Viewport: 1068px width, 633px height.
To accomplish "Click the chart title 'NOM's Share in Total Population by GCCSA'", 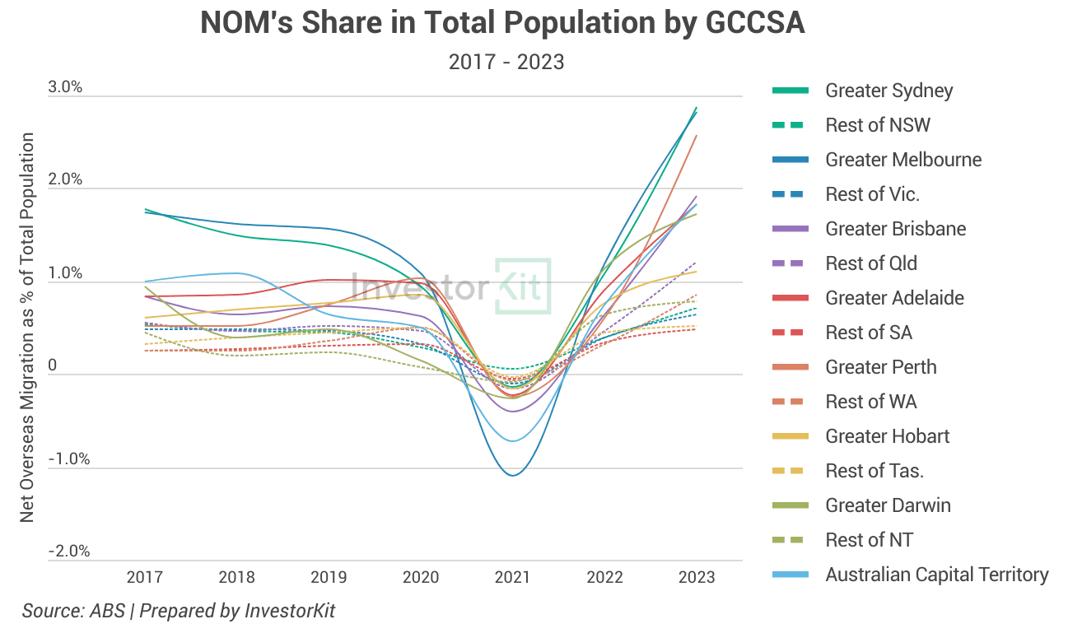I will [502, 24].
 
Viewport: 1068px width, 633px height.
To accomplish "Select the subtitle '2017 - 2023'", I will [506, 62].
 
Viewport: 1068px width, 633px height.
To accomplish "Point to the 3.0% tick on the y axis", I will [66, 88].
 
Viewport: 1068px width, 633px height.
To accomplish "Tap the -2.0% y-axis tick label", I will [68, 552].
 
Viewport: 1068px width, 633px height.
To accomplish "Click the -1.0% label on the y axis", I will [68, 459].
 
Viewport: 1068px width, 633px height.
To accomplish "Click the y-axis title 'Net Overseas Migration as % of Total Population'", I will [28, 327].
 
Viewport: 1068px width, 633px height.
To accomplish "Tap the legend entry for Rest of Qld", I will [871, 263].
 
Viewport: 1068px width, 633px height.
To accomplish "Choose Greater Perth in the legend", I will [881, 367].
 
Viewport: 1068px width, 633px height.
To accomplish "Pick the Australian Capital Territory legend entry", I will [937, 575].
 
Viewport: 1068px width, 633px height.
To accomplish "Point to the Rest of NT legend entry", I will [869, 540].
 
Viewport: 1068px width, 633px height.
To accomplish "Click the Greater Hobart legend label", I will [887, 436].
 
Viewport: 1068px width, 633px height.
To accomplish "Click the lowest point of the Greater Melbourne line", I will [512, 475].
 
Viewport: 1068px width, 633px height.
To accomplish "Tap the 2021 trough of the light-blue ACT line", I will [512, 441].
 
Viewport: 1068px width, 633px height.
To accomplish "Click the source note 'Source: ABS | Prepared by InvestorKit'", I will [179, 612].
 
